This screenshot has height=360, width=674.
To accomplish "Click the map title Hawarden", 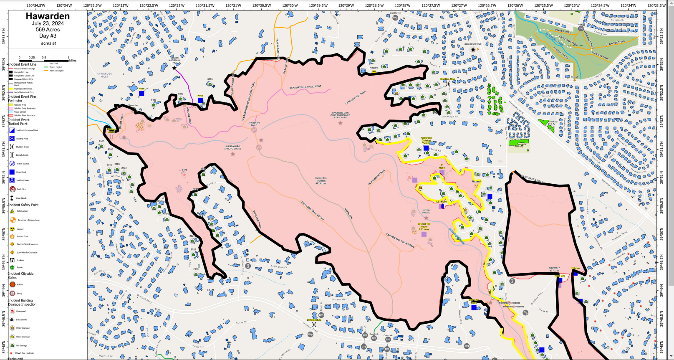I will tap(48, 16).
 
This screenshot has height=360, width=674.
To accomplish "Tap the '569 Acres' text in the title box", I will tap(48, 30).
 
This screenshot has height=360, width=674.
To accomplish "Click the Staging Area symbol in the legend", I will tap(12, 139).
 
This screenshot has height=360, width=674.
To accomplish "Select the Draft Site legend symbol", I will tap(12, 189).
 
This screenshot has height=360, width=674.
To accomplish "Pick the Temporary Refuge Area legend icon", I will tap(13, 220).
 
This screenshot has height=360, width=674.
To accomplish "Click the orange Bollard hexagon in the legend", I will tap(13, 284).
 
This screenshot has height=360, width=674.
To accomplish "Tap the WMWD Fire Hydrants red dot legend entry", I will tap(12, 353).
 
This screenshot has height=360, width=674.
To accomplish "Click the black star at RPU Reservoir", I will tap(473, 50).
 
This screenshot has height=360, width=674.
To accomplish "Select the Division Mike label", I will tap(447, 79).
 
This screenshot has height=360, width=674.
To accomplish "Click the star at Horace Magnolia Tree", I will tap(174, 68).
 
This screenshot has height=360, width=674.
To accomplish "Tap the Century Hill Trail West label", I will tap(305, 87).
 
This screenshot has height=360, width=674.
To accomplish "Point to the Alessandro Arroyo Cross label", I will tap(232, 147).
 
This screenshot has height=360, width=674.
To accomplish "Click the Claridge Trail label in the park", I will tap(615, 43).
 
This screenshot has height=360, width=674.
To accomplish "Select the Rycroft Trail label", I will tap(560, 53).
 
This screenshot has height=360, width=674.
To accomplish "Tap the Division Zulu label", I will tap(314, 320).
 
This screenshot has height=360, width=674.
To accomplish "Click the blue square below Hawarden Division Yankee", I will tap(426, 148).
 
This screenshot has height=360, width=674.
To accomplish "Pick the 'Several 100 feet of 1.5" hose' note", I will tap(424, 227).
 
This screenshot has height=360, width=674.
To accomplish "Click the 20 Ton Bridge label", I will tap(426, 212).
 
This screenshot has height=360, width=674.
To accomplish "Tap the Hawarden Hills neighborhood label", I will tap(104, 75).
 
